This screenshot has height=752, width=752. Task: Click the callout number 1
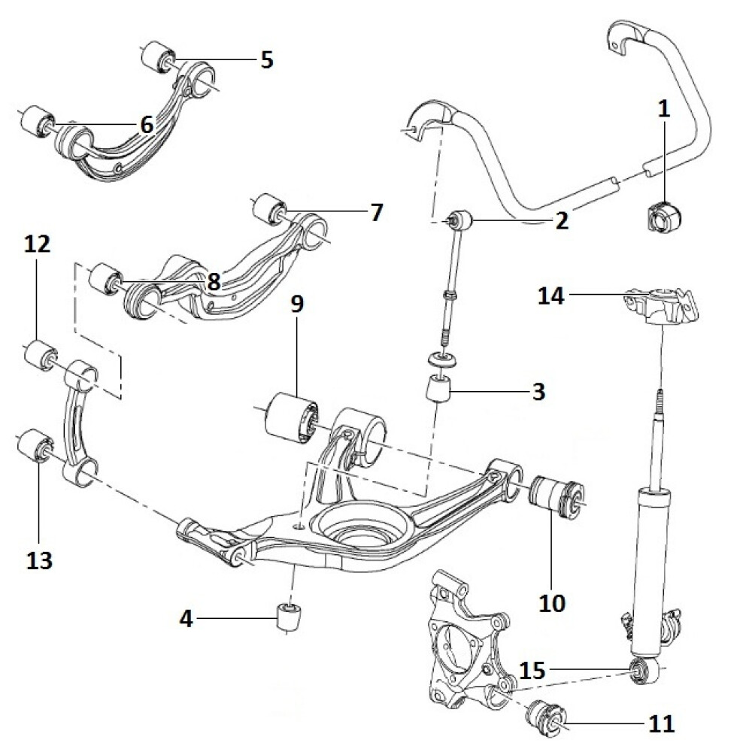point(663,110)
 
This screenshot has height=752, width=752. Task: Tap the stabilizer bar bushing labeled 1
point(661,217)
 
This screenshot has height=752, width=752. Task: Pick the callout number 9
point(296,305)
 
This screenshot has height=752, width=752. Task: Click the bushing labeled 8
point(103,280)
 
